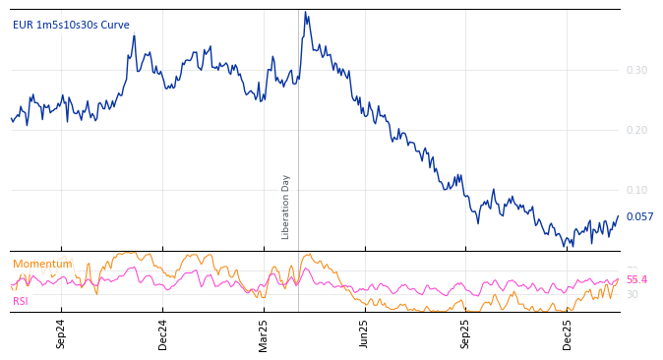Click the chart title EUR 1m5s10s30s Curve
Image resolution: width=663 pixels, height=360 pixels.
[x=71, y=26]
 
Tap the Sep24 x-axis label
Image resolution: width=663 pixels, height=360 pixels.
[x=61, y=333]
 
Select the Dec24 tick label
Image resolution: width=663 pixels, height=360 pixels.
[x=162, y=333]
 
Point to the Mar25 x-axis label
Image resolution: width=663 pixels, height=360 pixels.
[x=263, y=333]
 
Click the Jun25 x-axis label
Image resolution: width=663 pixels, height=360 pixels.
[x=364, y=333]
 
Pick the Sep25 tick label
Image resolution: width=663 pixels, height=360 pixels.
[x=465, y=333]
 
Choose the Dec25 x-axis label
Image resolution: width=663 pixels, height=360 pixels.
[x=567, y=333]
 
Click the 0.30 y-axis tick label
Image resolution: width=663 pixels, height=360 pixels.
[x=636, y=70]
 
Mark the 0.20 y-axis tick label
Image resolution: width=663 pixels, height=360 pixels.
[x=636, y=130]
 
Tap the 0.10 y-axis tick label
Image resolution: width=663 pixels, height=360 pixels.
[x=636, y=190]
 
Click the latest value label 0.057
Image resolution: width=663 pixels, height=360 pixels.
[x=640, y=217]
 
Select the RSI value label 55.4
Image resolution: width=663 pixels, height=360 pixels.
[x=636, y=280]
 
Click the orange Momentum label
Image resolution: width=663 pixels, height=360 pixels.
[x=42, y=264]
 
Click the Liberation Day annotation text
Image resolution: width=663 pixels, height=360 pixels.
[x=286, y=207]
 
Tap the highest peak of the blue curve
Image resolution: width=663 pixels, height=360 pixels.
[x=305, y=12]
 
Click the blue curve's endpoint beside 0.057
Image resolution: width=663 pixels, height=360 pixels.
[x=619, y=216]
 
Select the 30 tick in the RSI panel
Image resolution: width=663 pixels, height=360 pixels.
[x=632, y=294]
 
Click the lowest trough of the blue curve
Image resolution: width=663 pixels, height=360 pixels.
[x=573, y=246]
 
